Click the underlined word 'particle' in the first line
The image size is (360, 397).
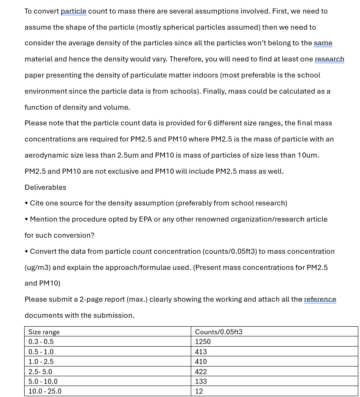tap(73, 11)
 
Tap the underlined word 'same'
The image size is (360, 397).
tap(323, 43)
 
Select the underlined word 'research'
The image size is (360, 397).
tap(329, 59)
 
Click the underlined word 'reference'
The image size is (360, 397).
tap(320, 300)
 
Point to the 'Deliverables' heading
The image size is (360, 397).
tap(45, 187)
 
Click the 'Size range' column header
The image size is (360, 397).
tap(44, 332)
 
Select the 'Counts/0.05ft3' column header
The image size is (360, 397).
tap(218, 332)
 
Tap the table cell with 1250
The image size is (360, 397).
tap(203, 341)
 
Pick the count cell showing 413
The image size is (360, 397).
tap(201, 352)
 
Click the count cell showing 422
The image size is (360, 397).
tap(201, 372)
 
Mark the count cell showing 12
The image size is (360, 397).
tap(199, 391)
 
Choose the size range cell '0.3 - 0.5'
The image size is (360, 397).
tap(41, 341)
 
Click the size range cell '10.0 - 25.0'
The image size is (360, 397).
tap(45, 391)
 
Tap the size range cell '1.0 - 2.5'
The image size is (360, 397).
tap(41, 361)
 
